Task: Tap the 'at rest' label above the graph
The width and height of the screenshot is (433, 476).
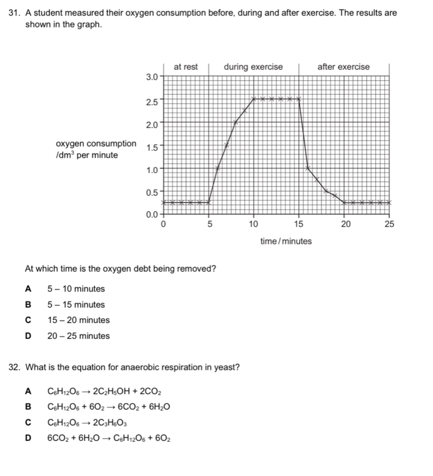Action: tap(186, 67)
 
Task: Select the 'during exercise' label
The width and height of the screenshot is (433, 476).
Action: tap(253, 67)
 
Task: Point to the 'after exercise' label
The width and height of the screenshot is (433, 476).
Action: tap(344, 67)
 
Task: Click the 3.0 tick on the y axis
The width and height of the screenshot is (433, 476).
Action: tap(151, 77)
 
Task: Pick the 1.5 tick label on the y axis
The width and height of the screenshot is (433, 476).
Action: tap(151, 147)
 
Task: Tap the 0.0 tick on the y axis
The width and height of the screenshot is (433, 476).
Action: tap(151, 214)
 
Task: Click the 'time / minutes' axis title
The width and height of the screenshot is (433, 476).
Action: tap(286, 241)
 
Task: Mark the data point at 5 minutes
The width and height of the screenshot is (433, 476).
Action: tap(209, 203)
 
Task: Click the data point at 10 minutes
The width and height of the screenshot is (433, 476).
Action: tap(254, 98)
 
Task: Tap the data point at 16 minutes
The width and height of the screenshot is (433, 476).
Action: tap(308, 168)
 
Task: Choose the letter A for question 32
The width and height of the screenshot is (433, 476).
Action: tap(28, 392)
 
